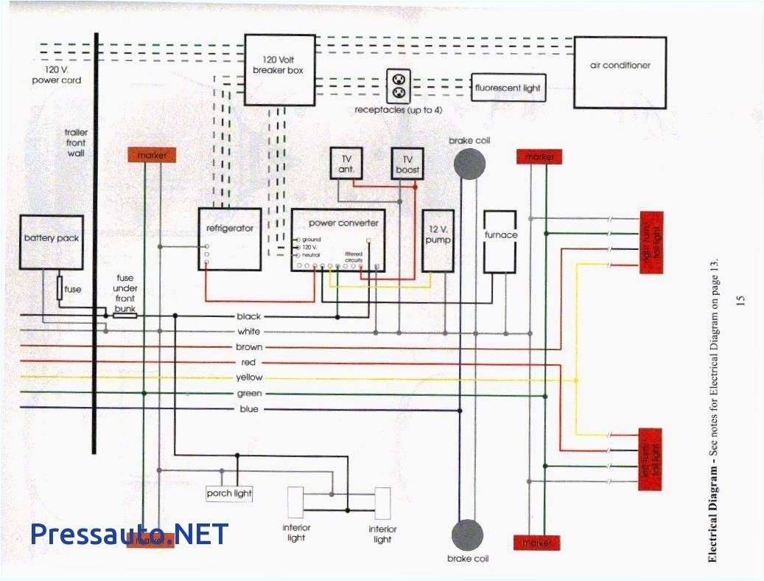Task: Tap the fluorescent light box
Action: pos(508,88)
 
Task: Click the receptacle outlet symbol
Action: pos(399,86)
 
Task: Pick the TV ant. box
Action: pos(346,163)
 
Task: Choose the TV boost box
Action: pos(406,163)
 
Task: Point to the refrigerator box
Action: pos(229,238)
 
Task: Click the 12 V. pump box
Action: pos(437,240)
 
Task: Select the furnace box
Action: pos(501,241)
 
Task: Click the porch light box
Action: pos(229,493)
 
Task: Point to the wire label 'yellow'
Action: pos(249,378)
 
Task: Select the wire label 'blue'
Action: pos(249,409)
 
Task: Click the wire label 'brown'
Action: pos(249,347)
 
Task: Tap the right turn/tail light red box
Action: pos(651,243)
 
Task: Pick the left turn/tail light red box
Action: pos(650,459)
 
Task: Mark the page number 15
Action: pos(740,300)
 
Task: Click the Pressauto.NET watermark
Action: pos(130,535)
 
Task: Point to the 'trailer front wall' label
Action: pos(74,143)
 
